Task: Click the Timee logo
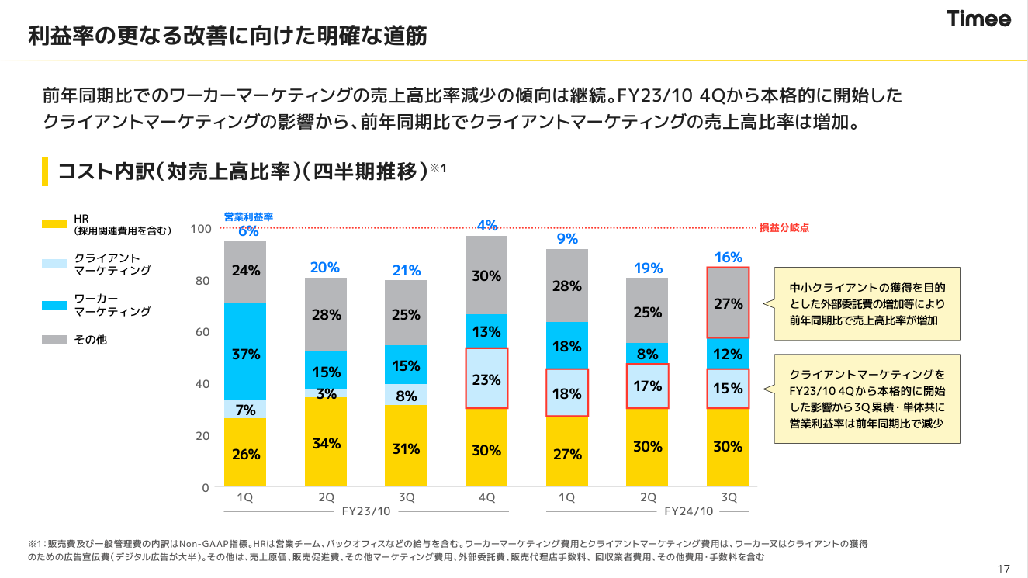pos(979,19)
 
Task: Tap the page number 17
pos(1004,569)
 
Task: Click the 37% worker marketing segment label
pos(246,355)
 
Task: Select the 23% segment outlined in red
pos(486,379)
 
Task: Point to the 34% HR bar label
pos(326,444)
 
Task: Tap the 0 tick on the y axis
pos(206,488)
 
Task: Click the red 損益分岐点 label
pos(784,229)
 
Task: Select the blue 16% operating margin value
pos(729,257)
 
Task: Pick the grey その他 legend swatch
pos(54,340)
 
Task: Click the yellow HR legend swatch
pos(54,224)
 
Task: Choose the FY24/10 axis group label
pos(688,511)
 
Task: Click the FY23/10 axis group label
pos(366,511)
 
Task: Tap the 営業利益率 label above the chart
pos(248,217)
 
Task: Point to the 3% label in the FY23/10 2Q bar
pos(326,394)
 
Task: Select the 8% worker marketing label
pos(648,355)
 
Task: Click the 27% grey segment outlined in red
pos(729,303)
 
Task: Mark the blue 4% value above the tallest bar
pos(486,226)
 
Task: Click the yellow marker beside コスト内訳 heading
pos(45,171)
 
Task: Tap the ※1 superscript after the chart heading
pos(439,167)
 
